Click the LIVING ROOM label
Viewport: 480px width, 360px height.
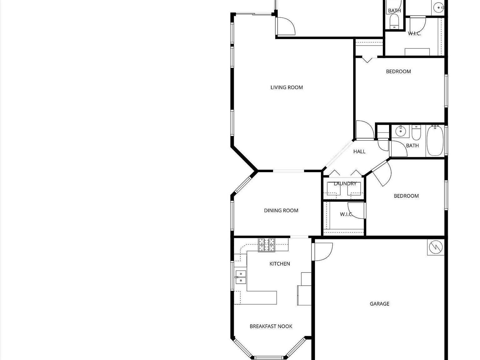click(x=287, y=87)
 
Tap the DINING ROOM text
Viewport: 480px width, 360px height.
click(x=281, y=211)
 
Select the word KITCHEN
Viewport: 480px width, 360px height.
click(x=280, y=264)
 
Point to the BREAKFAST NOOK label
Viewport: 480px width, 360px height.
click(x=271, y=326)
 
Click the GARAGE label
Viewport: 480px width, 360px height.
click(x=379, y=304)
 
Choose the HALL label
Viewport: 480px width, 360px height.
click(x=359, y=152)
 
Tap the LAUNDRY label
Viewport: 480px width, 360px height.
click(x=345, y=183)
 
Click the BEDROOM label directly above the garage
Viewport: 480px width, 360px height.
click(x=406, y=196)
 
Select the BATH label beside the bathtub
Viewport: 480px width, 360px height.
click(x=412, y=146)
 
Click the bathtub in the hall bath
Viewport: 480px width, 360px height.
click(x=435, y=141)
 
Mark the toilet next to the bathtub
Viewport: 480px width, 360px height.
click(x=416, y=133)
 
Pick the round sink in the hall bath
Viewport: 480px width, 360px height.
click(x=400, y=131)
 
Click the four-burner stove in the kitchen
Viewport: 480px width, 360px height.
click(x=267, y=245)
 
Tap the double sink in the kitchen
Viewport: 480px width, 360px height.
click(x=241, y=277)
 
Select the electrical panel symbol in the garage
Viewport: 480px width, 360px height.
click(x=436, y=247)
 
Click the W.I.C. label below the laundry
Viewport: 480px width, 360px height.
click(x=346, y=214)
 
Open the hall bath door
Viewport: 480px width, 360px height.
click(x=398, y=149)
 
